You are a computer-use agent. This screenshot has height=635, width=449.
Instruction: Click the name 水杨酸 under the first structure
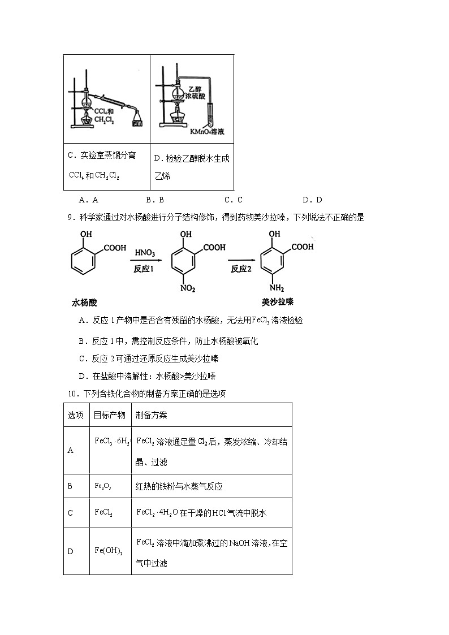(85, 303)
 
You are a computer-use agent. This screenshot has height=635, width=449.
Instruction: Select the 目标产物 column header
(110, 415)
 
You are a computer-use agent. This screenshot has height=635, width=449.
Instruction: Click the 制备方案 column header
(152, 415)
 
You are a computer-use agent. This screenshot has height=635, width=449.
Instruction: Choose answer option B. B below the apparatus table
(154, 200)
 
